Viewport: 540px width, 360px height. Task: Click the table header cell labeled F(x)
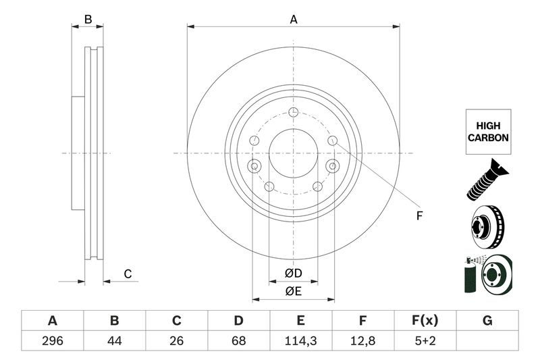coord(425,320)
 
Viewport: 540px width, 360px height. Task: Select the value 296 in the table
coord(52,341)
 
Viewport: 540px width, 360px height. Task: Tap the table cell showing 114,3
coord(301,341)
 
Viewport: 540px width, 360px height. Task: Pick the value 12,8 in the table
coord(363,341)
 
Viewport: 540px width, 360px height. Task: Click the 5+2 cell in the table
coord(425,341)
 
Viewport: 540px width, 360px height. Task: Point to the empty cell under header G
coord(487,341)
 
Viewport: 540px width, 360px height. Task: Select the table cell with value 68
coord(239,341)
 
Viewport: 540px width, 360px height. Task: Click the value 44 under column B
coord(114,341)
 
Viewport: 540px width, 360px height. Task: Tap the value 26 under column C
coord(177,341)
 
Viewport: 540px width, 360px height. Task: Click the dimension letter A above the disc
coord(294,20)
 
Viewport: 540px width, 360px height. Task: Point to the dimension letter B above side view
coord(88,20)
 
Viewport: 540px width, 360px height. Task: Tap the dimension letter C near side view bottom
coord(126,274)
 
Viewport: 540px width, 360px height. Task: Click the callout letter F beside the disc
coord(418,216)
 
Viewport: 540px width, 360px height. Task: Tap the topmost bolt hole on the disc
coord(293,113)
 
